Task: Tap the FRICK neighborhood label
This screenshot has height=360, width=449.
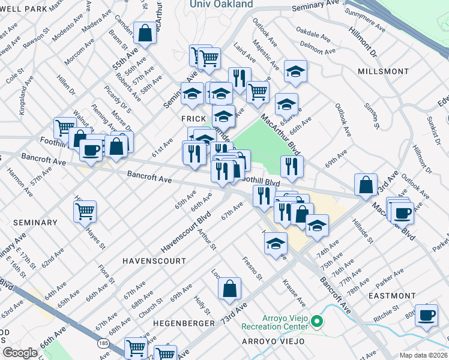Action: [x=194, y=119]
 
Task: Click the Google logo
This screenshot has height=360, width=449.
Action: [x=20, y=353]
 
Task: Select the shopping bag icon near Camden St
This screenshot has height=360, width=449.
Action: [x=145, y=34]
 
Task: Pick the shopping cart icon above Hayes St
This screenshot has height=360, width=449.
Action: [x=85, y=211]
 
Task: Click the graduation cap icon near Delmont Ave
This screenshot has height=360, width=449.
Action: [x=295, y=71]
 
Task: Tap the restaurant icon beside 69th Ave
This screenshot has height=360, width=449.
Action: [x=292, y=167]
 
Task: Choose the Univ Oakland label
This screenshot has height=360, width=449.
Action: [x=221, y=5]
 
